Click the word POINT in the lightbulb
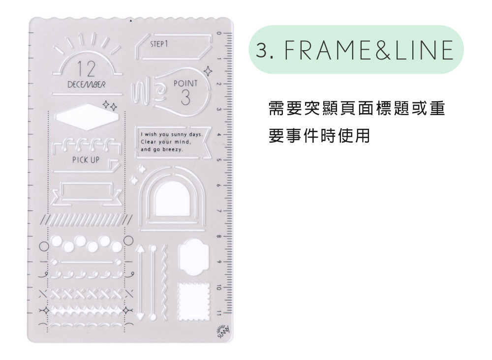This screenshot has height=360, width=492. click(185, 84)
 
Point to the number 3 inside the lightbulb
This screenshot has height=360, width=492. click(185, 98)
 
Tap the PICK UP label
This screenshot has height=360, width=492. click(86, 160)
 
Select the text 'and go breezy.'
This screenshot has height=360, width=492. click(162, 149)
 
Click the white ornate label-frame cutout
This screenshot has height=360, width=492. click(193, 257)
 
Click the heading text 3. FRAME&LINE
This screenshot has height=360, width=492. click(357, 50)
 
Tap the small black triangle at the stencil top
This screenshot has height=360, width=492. click(131, 22)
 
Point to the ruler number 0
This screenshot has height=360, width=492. click(219, 33)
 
